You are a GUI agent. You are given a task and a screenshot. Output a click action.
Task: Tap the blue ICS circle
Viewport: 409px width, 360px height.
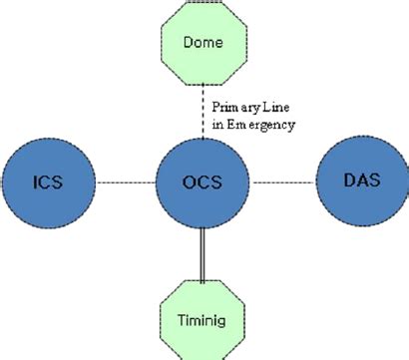pos(48,181)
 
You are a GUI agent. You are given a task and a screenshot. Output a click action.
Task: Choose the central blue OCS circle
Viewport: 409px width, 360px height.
pos(204,182)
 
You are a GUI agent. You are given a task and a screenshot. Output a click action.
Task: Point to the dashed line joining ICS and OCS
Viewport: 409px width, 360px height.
pos(126,182)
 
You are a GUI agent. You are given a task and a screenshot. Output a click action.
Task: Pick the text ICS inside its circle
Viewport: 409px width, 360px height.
pos(48,182)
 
